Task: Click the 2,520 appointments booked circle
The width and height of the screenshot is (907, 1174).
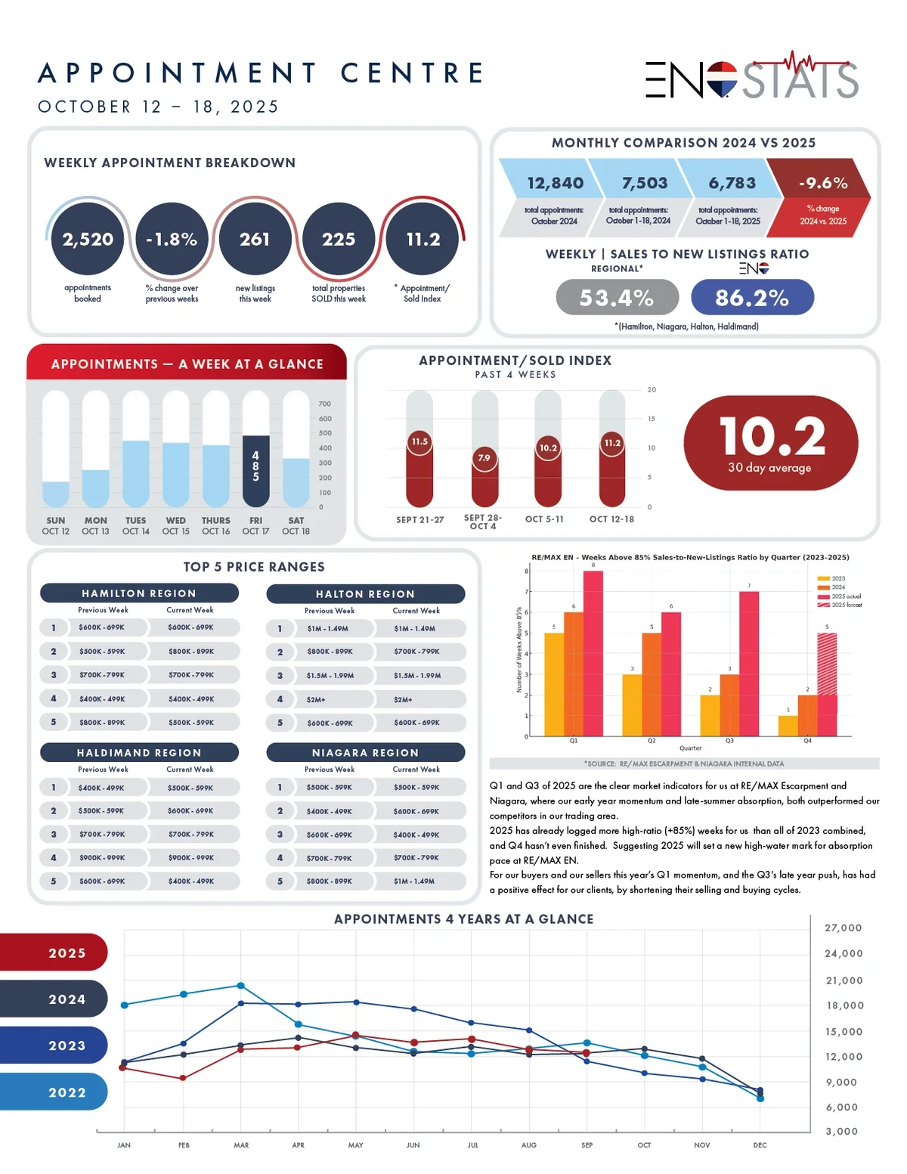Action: pyautogui.click(x=88, y=239)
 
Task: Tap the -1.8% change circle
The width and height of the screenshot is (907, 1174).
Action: pyautogui.click(x=172, y=239)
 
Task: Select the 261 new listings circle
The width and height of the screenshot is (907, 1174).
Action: pyautogui.click(x=255, y=239)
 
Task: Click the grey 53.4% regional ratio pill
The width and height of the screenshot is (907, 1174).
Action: pyautogui.click(x=617, y=298)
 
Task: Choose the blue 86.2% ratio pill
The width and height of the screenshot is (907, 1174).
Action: pyautogui.click(x=752, y=298)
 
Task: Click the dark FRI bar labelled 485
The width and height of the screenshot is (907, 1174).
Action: pyautogui.click(x=255, y=470)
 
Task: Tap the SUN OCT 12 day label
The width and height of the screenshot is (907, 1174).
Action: pyautogui.click(x=55, y=525)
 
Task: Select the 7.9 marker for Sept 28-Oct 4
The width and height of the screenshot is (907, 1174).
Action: pyautogui.click(x=484, y=457)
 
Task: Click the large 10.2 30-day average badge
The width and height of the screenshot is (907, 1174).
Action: pyautogui.click(x=770, y=445)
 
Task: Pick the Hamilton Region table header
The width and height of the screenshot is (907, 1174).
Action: pyautogui.click(x=139, y=593)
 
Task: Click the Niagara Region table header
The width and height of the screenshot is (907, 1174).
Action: pyautogui.click(x=365, y=753)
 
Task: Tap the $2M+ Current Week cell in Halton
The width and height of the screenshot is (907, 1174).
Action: pyautogui.click(x=418, y=699)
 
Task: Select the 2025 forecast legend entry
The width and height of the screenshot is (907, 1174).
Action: pyautogui.click(x=840, y=605)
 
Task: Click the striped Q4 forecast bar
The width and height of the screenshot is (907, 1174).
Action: pyautogui.click(x=827, y=664)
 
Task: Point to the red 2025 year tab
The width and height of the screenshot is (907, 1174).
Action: pyautogui.click(x=54, y=953)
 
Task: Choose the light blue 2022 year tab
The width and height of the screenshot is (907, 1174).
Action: pyautogui.click(x=54, y=1092)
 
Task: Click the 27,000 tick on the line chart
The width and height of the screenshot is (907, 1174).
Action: pyautogui.click(x=843, y=928)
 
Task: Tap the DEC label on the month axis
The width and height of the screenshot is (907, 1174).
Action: pyautogui.click(x=760, y=1145)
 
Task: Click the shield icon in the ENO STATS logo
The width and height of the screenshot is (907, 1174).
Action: pyautogui.click(x=722, y=79)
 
